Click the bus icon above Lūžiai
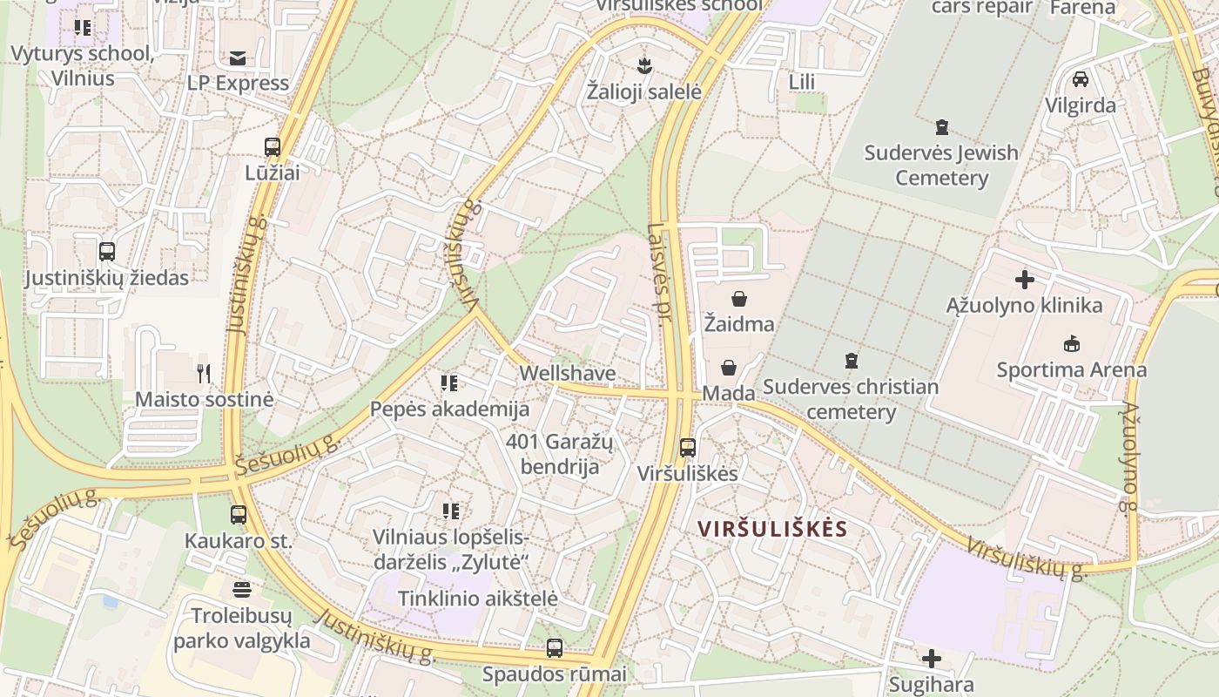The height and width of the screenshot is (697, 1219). tap(273, 146)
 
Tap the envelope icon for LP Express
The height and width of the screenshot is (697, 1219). tap(237, 58)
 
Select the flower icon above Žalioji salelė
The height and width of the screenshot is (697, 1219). tap(644, 65)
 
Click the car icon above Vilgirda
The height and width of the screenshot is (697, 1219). tap(1081, 79)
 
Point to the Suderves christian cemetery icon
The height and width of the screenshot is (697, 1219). tap(851, 360)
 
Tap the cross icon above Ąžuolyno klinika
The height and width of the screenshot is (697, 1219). tap(1025, 280)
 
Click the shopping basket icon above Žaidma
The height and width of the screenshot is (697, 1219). tap(739, 299)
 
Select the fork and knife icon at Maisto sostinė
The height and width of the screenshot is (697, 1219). tap(204, 374)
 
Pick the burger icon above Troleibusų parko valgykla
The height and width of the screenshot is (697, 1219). tap(242, 590)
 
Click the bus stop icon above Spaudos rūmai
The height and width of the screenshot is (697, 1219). tap(555, 648)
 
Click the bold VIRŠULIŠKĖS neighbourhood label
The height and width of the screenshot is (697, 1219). tap(772, 529)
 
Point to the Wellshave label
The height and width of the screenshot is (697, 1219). tap(567, 373)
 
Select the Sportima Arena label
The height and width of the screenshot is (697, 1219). tap(1071, 369)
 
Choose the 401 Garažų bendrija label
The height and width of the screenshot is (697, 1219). tap(560, 454)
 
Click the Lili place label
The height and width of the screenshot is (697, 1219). tap(801, 82)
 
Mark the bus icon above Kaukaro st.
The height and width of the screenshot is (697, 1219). tap(239, 515)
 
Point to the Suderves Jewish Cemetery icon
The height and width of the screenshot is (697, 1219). tap(941, 127)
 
